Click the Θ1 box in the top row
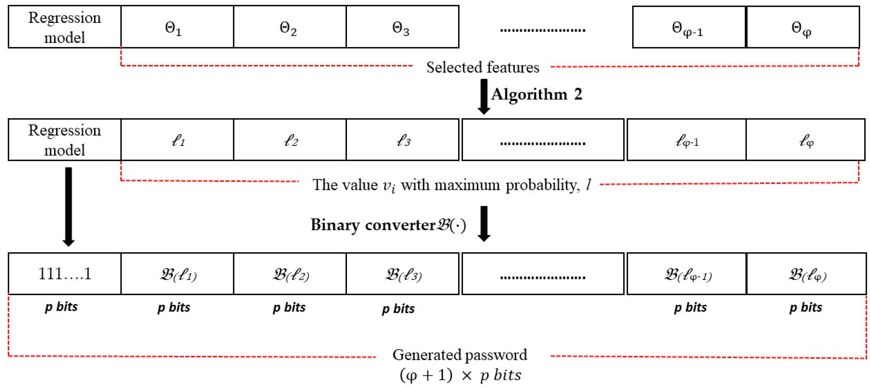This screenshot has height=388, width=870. (177, 27)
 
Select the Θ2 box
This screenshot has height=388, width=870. (290, 27)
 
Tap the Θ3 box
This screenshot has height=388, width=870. (402, 27)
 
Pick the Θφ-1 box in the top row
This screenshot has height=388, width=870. (689, 27)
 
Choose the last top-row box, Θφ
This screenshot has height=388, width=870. (802, 27)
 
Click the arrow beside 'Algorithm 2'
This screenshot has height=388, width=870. (484, 96)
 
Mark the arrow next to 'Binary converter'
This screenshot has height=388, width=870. (484, 224)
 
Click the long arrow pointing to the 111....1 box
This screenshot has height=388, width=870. (68, 206)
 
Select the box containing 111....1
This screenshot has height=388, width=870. (64, 273)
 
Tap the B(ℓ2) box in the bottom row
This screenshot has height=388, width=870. (290, 273)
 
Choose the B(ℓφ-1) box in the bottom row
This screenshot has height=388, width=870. (686, 273)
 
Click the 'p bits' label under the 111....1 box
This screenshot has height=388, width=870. (61, 307)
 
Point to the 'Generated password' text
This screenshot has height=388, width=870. (459, 355)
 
